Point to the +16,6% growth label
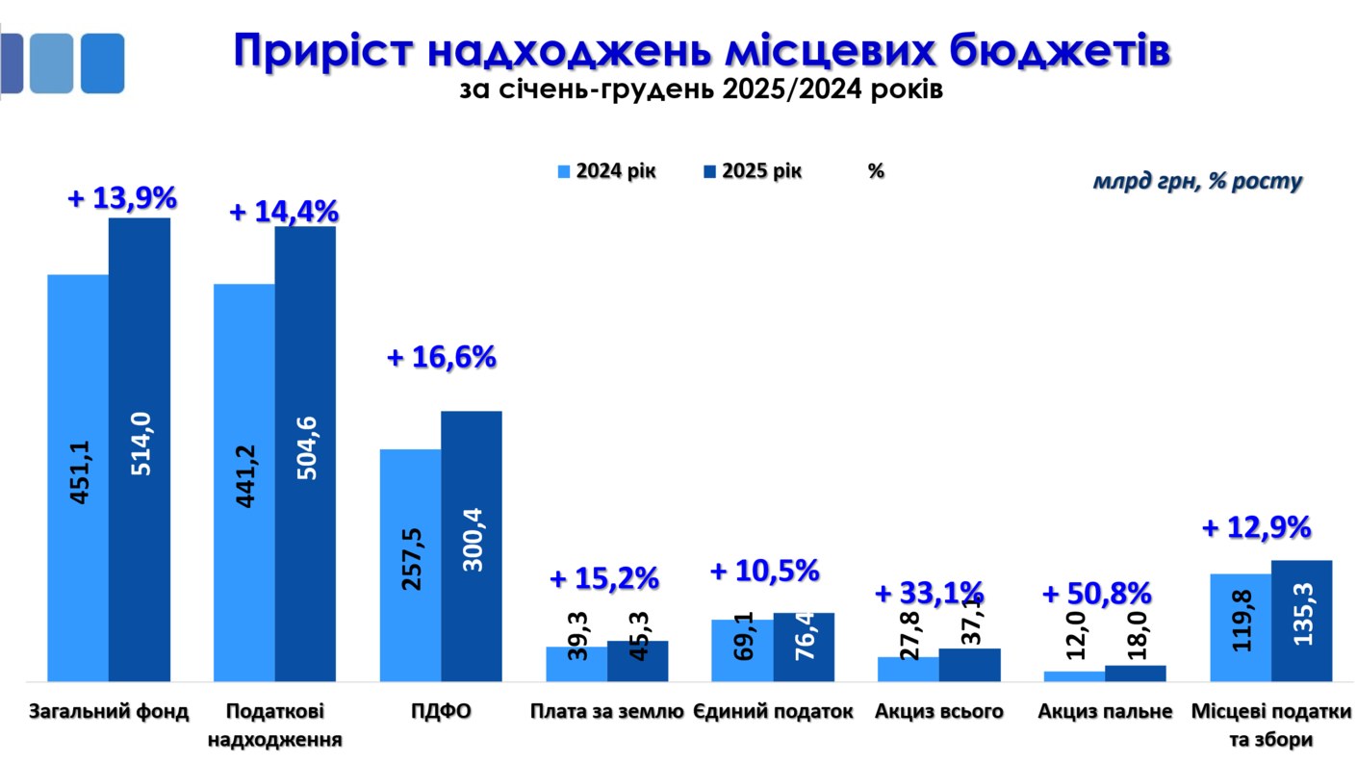pos(441,358)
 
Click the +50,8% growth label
pos(1097,593)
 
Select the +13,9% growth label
pos(122,199)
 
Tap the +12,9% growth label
pos(1257,527)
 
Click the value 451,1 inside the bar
pos(80,472)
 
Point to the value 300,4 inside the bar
pos(472,538)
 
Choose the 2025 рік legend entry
pos(752,171)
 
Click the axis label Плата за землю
pos(606,712)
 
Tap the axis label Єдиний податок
pos(773,712)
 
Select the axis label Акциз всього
pos(939,712)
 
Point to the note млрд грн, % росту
pos(1196,181)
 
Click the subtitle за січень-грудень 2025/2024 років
pos(701,90)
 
